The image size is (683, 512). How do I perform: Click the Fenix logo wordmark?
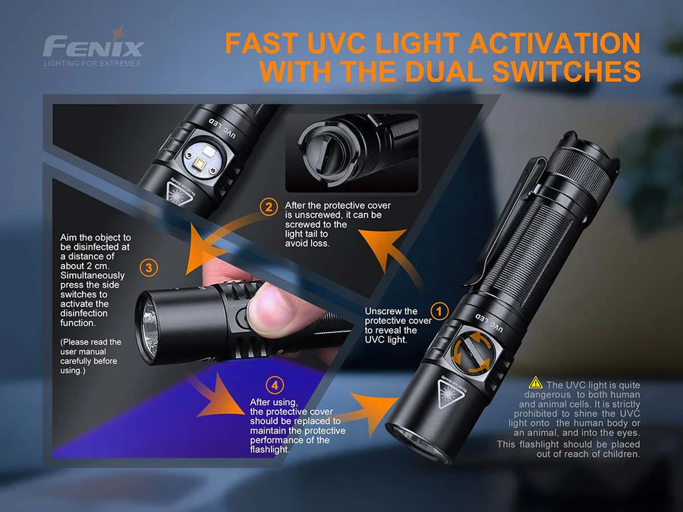click(x=93, y=46)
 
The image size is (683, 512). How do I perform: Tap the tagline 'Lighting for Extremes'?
click(x=93, y=64)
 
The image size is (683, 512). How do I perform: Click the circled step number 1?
click(x=439, y=310)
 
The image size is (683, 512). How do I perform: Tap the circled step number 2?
click(x=269, y=206)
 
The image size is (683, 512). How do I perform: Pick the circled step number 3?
click(x=150, y=267)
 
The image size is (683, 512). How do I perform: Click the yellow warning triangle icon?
click(x=536, y=384)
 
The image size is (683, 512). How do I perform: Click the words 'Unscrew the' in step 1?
click(x=391, y=311)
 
